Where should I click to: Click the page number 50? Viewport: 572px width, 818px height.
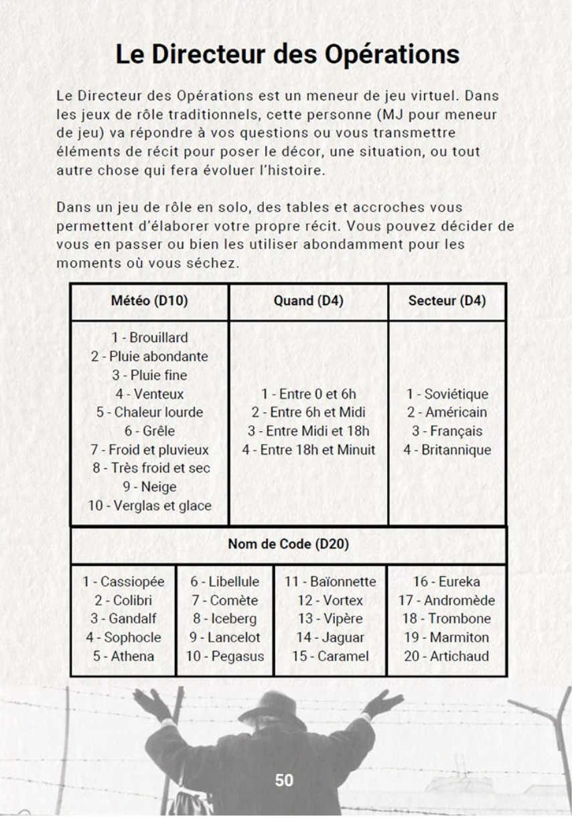pyautogui.click(x=284, y=780)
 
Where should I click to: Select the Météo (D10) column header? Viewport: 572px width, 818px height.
pyautogui.click(x=149, y=301)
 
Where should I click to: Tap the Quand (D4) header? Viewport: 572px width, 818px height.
pyautogui.click(x=308, y=301)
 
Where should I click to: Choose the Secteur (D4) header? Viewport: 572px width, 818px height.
pyautogui.click(x=447, y=301)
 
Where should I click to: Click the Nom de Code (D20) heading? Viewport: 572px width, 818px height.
pyautogui.click(x=288, y=544)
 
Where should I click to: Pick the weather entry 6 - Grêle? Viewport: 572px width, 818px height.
pyautogui.click(x=149, y=431)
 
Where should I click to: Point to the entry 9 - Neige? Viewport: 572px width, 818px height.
pyautogui.click(x=149, y=487)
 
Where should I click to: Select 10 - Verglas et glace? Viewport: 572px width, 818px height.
pyautogui.click(x=149, y=506)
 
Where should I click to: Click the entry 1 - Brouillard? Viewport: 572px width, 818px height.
pyautogui.click(x=149, y=337)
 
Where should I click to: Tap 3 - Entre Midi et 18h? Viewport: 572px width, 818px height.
pyautogui.click(x=308, y=431)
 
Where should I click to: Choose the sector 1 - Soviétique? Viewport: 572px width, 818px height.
pyautogui.click(x=447, y=394)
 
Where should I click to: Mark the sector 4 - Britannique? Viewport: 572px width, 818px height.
pyautogui.click(x=447, y=450)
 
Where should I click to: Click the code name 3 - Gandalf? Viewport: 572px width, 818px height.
pyautogui.click(x=123, y=619)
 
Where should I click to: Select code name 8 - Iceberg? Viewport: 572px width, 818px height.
pyautogui.click(x=224, y=619)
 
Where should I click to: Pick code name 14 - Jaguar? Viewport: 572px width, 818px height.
pyautogui.click(x=330, y=638)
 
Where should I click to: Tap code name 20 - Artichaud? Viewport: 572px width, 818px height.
pyautogui.click(x=446, y=656)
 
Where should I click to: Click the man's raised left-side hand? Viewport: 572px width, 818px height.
pyautogui.click(x=153, y=704)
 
